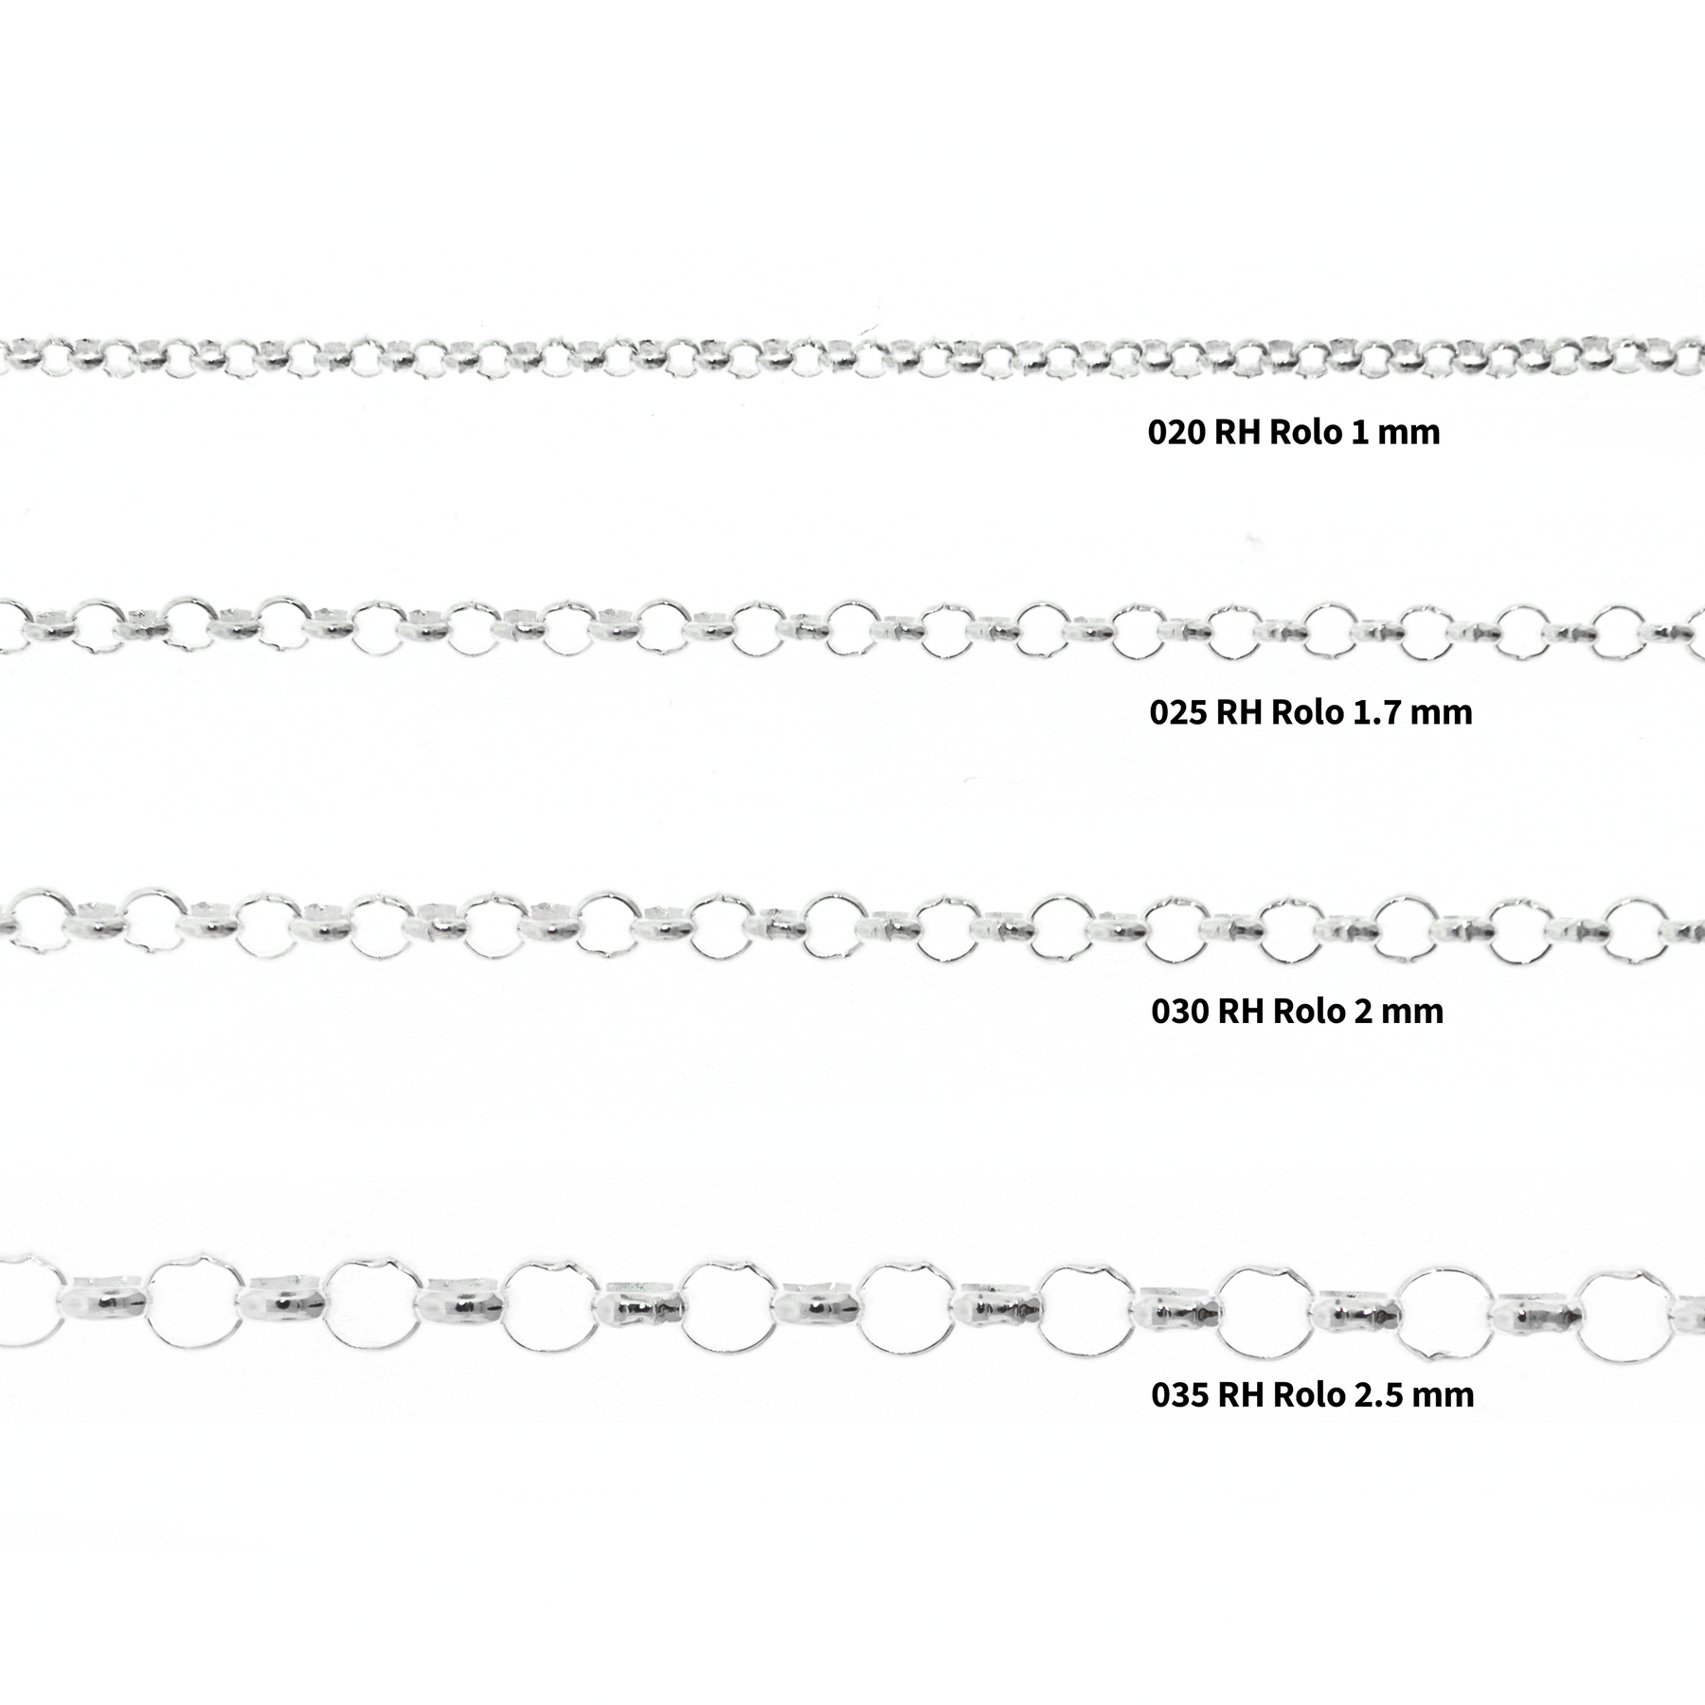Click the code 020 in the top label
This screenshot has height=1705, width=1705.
click(x=1176, y=432)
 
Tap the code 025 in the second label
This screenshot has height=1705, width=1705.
click(x=1177, y=711)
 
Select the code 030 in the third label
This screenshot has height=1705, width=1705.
click(x=1179, y=1011)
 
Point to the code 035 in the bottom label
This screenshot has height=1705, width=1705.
click(x=1179, y=1394)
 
